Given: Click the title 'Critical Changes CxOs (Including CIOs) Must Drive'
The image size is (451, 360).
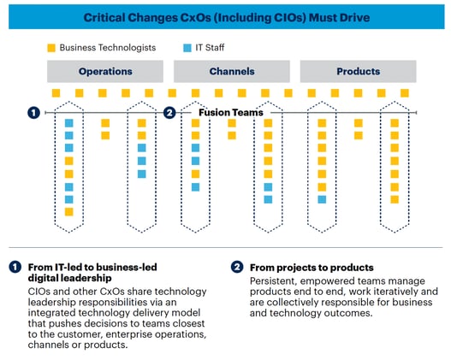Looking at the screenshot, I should pyautogui.click(x=224, y=17).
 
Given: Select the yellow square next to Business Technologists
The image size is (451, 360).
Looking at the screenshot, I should pyautogui.click(x=52, y=47).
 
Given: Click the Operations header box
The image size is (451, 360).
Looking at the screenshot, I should pyautogui.click(x=105, y=71).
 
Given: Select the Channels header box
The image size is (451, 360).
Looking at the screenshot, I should pyautogui.click(x=231, y=71).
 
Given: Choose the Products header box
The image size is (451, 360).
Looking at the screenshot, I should pyautogui.click(x=358, y=71).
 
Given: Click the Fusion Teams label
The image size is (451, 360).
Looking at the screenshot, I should pyautogui.click(x=231, y=112).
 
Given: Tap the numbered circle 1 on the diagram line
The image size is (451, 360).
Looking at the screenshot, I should pyautogui.click(x=33, y=112).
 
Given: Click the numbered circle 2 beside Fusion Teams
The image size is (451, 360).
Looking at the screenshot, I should pyautogui.click(x=169, y=112).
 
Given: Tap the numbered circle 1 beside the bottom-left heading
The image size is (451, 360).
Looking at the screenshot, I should pyautogui.click(x=15, y=268).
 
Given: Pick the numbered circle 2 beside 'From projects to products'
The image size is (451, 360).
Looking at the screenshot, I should pyautogui.click(x=236, y=268).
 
